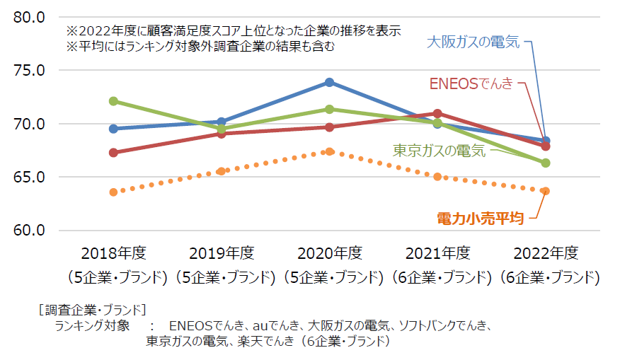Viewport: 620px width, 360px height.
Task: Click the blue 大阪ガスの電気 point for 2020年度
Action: (x=329, y=82)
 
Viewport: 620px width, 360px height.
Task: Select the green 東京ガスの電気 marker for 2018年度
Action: (x=113, y=101)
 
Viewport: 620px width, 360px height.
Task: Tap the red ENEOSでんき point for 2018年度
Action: (x=113, y=152)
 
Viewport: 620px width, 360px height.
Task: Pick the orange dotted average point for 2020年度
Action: (x=329, y=151)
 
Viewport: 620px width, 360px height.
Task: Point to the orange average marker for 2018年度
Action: (x=113, y=192)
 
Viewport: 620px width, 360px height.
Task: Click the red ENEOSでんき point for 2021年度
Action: (x=437, y=113)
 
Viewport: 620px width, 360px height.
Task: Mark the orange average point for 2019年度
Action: (x=222, y=171)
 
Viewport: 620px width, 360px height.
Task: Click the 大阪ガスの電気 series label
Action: (x=473, y=42)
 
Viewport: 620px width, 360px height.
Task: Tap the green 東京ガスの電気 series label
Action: (x=440, y=151)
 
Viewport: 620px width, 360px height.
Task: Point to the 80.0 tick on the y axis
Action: (x=29, y=17)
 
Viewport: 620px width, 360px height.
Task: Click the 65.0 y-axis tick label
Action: (x=29, y=177)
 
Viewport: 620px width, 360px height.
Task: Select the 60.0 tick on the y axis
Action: (x=29, y=231)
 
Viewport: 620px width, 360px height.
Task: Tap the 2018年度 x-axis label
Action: (x=113, y=253)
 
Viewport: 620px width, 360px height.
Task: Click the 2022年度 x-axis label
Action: (x=546, y=253)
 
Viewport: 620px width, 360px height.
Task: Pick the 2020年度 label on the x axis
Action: (x=329, y=253)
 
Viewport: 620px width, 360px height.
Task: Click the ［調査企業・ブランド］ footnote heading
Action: (x=91, y=309)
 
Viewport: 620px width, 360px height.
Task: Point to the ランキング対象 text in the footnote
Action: (x=92, y=326)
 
